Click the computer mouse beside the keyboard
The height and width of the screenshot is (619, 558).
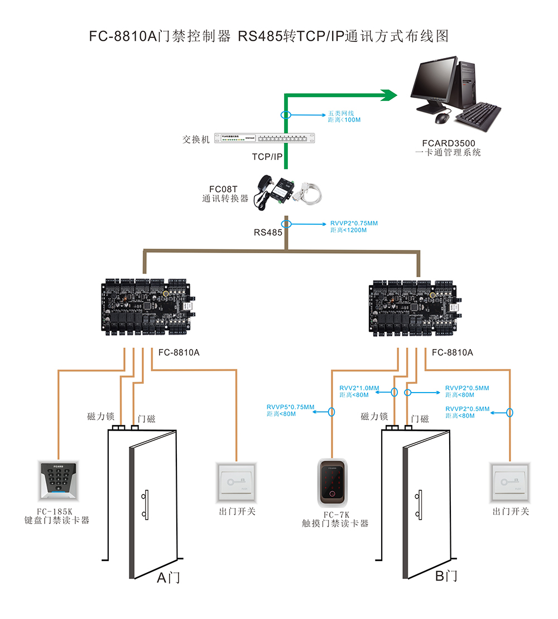pyautogui.click(x=442, y=118)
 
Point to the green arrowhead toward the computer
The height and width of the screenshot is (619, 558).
pyautogui.click(x=388, y=95)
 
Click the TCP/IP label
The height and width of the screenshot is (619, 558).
pyautogui.click(x=267, y=157)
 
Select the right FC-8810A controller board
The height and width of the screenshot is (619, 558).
pyautogui.click(x=418, y=307)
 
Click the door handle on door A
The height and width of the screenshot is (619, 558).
pyautogui.click(x=146, y=505)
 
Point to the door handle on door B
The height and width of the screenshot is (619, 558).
pyautogui.click(x=419, y=505)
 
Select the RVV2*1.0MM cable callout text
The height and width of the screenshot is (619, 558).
pyautogui.click(x=359, y=388)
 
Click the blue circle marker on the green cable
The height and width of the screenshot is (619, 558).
pyautogui.click(x=286, y=115)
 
